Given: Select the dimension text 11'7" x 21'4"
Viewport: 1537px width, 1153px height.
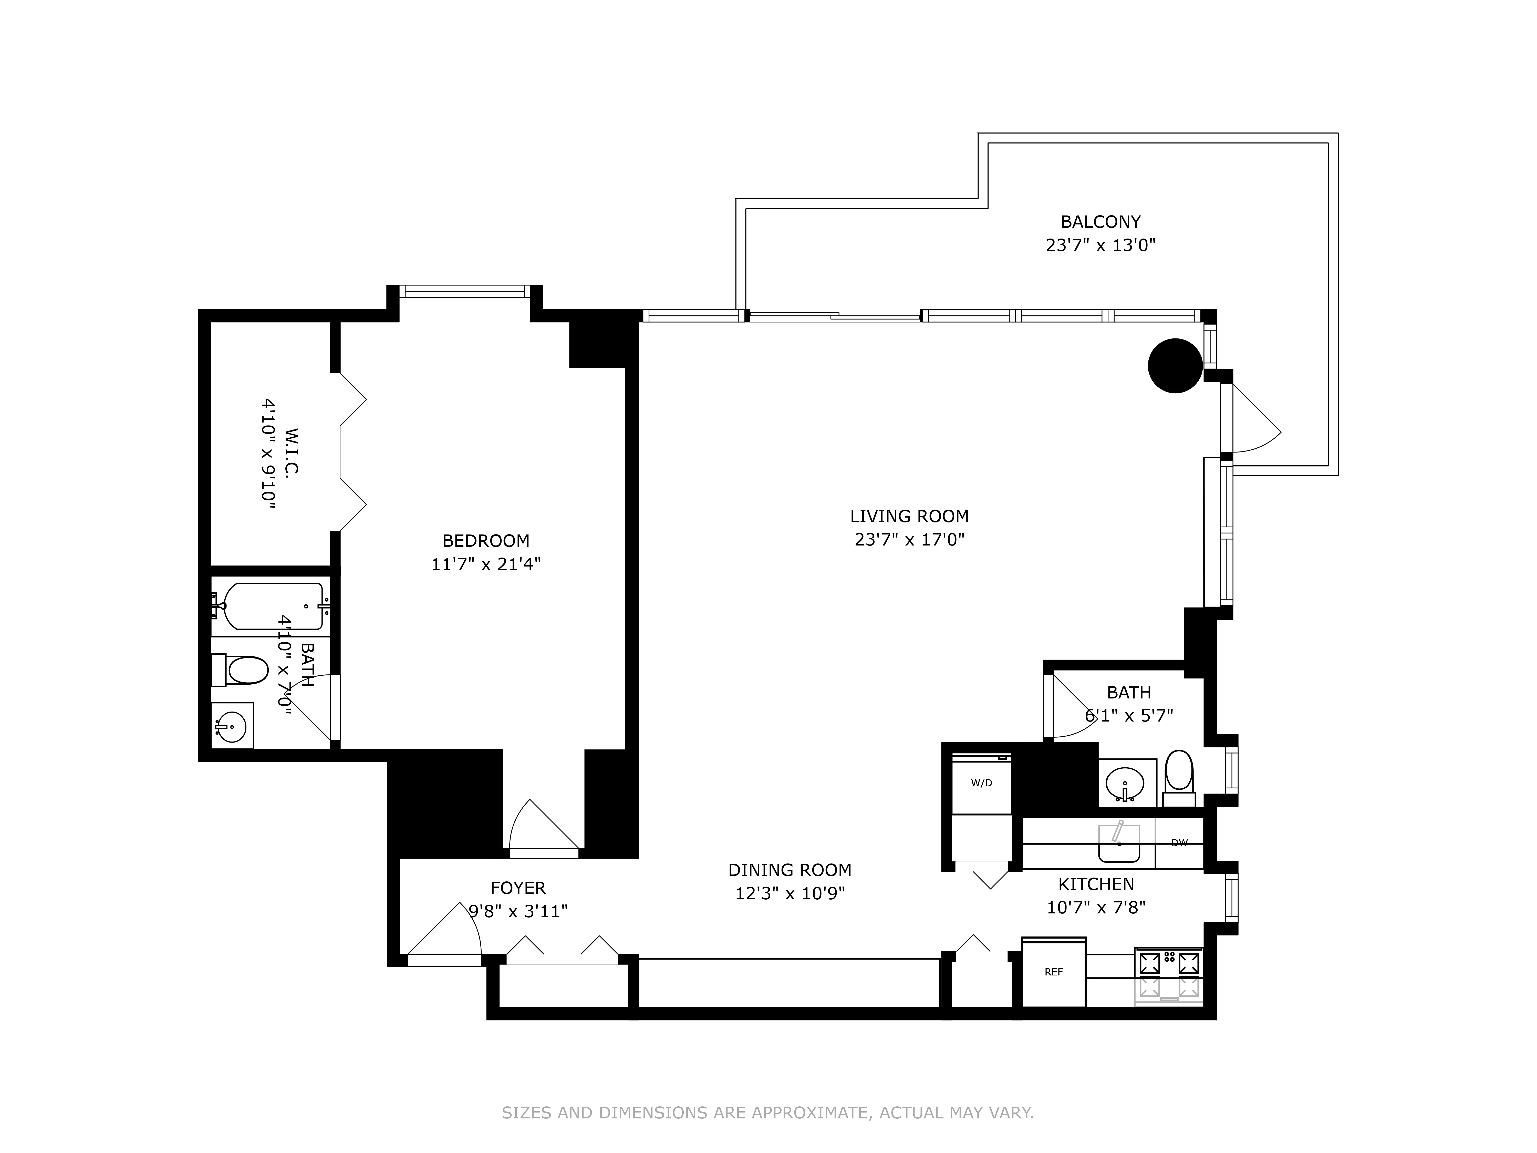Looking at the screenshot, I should pos(486,564).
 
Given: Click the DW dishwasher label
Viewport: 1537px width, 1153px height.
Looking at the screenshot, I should pos(1179,843).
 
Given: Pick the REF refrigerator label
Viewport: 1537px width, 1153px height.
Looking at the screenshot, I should pos(1053,972).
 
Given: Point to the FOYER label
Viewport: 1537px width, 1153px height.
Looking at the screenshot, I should pos(518,888).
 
